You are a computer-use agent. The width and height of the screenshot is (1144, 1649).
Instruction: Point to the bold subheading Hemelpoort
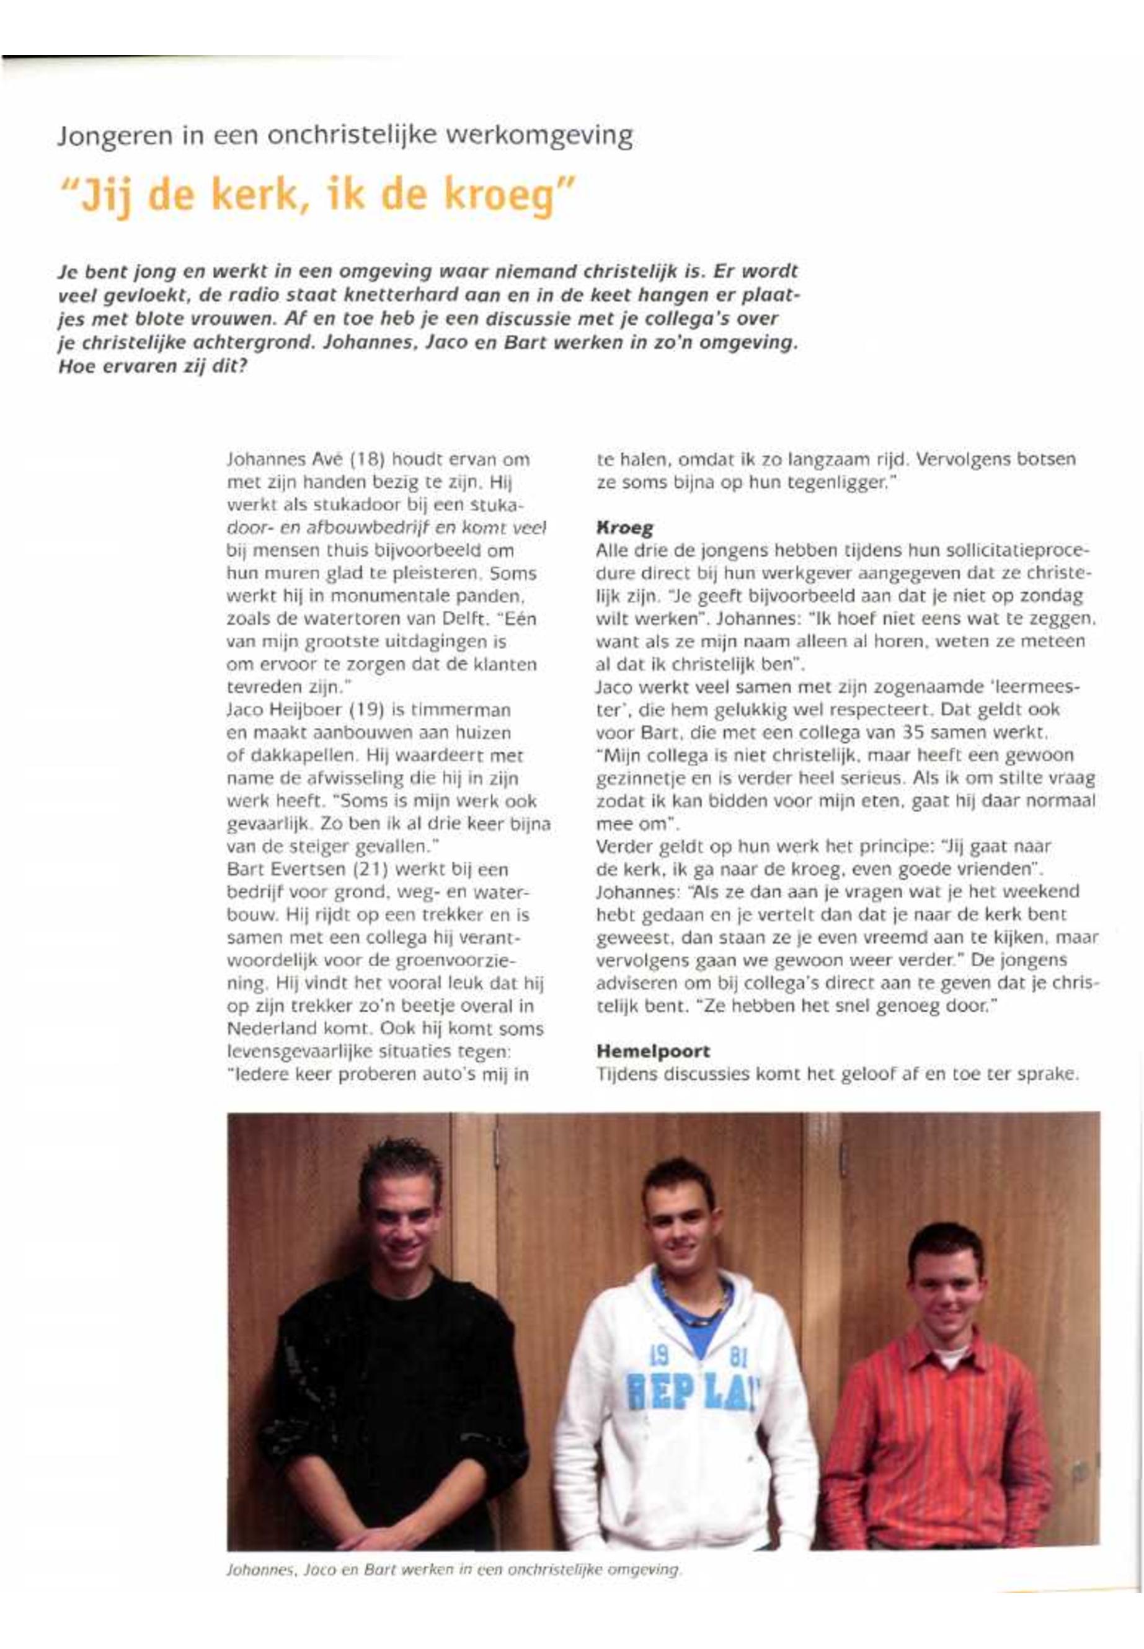pyautogui.click(x=652, y=1051)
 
